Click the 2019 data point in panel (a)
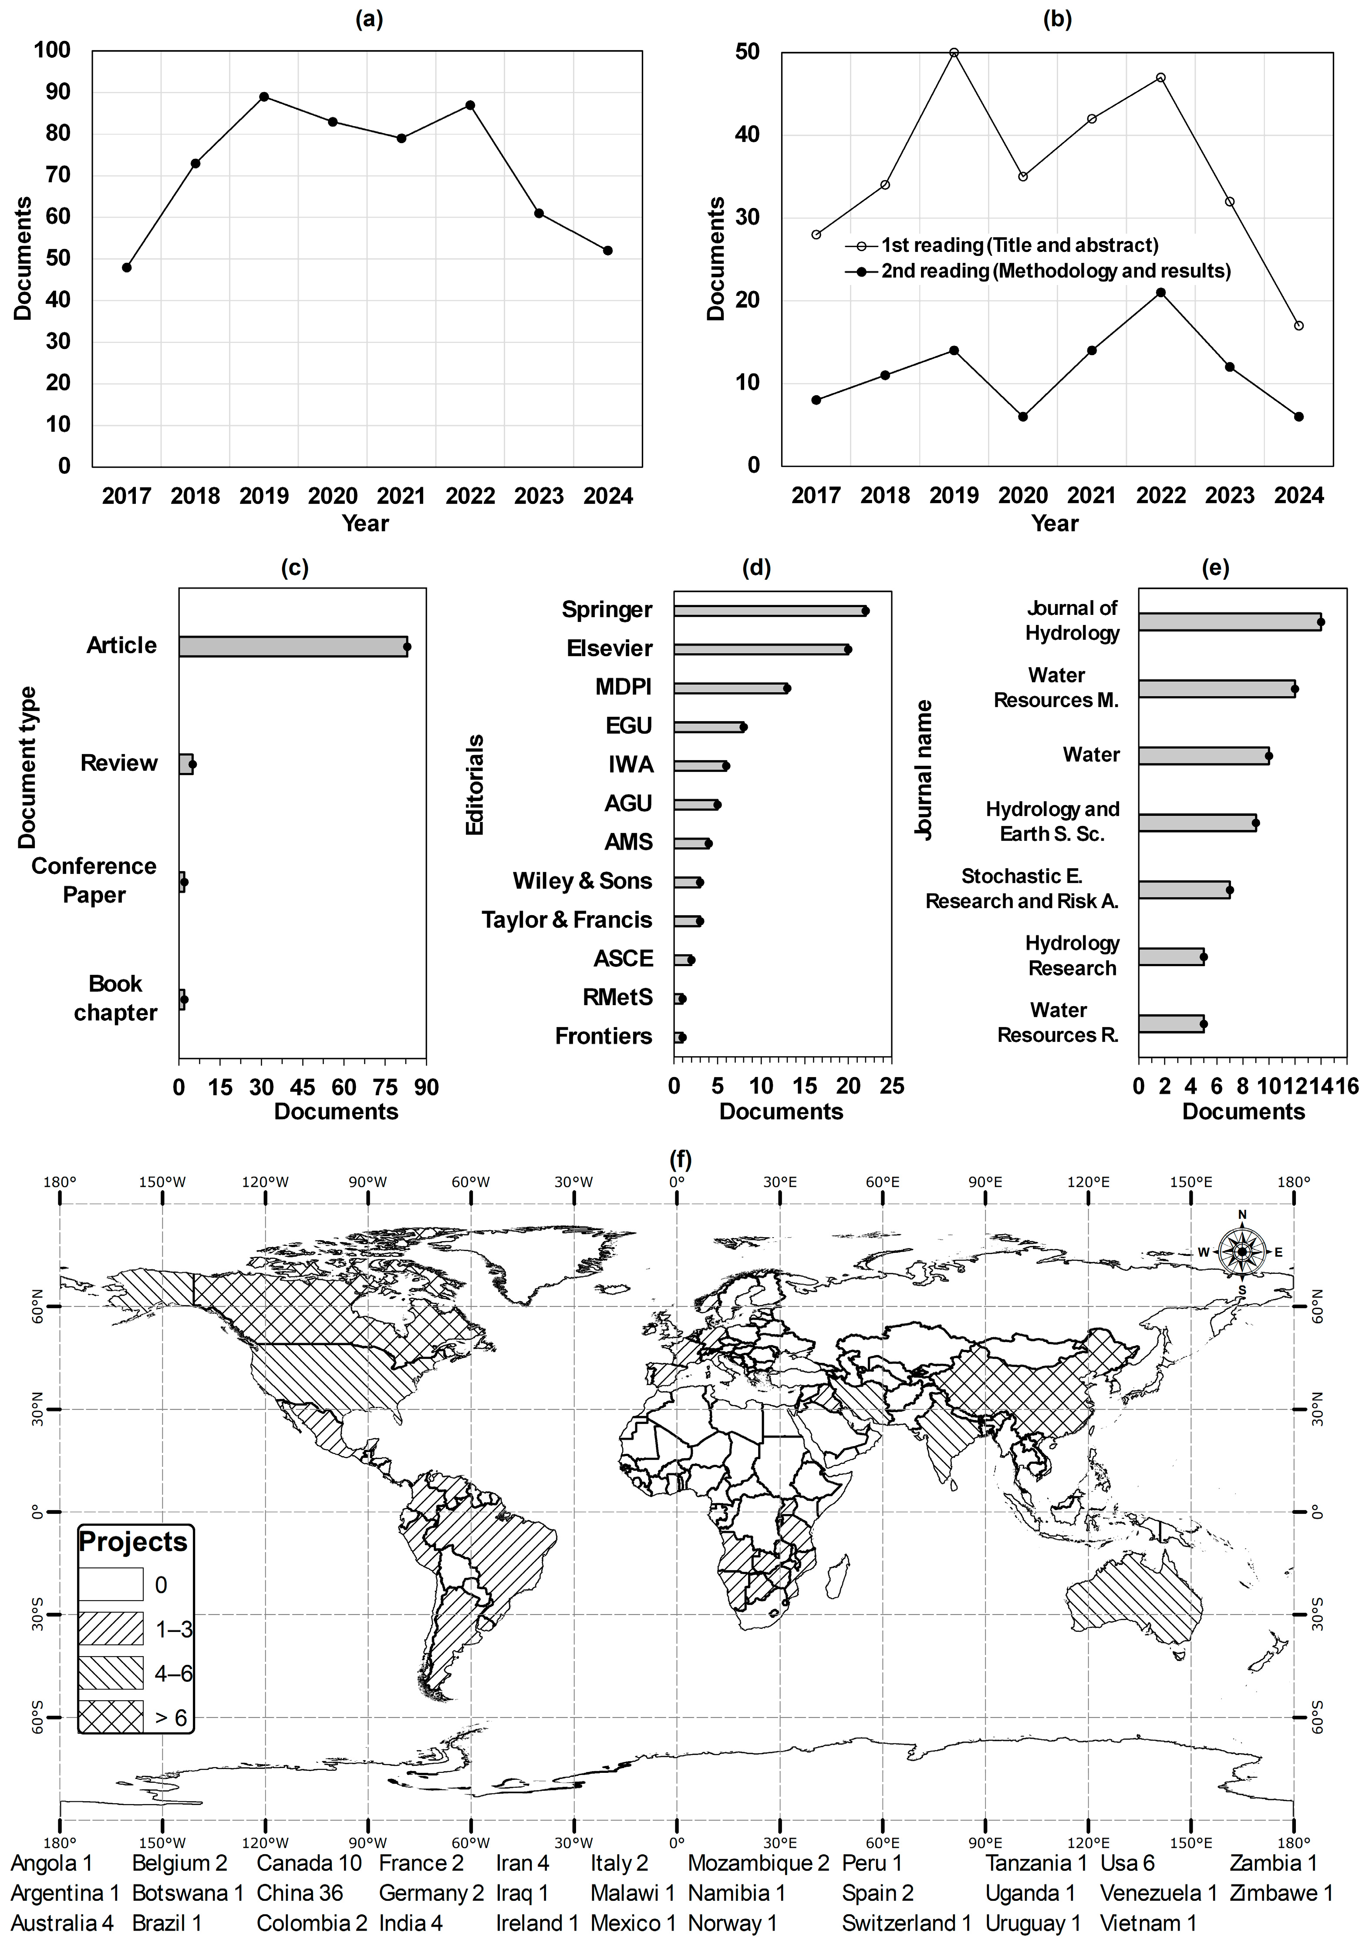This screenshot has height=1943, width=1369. (264, 97)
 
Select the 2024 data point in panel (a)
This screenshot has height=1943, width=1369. (608, 251)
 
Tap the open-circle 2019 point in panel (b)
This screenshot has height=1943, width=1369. (954, 53)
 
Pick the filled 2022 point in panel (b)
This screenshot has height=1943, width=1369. (1161, 293)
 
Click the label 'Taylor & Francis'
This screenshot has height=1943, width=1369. (567, 920)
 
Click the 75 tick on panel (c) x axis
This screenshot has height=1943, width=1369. (385, 1087)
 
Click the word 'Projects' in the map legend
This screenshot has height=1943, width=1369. (133, 1542)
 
